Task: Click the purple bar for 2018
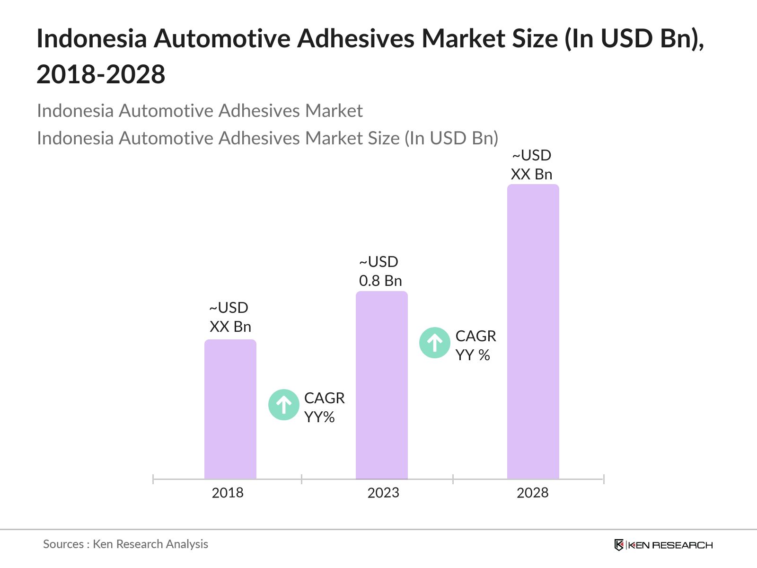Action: [x=230, y=409]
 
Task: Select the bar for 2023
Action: [x=381, y=385]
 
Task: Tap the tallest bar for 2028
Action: [x=533, y=331]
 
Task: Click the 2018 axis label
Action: [x=228, y=493]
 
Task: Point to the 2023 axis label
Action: [x=383, y=493]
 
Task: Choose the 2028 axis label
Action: [x=532, y=493]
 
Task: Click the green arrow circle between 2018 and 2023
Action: [x=283, y=405]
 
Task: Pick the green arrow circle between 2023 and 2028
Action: [x=434, y=342]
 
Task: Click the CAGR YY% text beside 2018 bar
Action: [x=324, y=407]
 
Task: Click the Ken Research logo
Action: [x=663, y=545]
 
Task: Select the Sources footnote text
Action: [x=125, y=544]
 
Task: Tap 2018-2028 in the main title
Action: [x=101, y=74]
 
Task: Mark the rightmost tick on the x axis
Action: [x=604, y=479]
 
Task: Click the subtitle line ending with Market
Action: [x=199, y=111]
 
